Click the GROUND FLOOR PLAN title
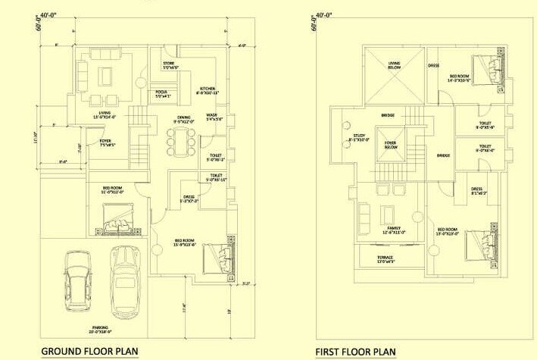[x=89, y=351]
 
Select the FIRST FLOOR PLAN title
[x=355, y=352]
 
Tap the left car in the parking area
[x=76, y=284]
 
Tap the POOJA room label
[x=163, y=93]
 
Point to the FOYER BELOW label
[x=391, y=145]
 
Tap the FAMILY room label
[x=393, y=230]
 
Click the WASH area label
[x=214, y=117]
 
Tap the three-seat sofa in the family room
[x=364, y=220]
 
